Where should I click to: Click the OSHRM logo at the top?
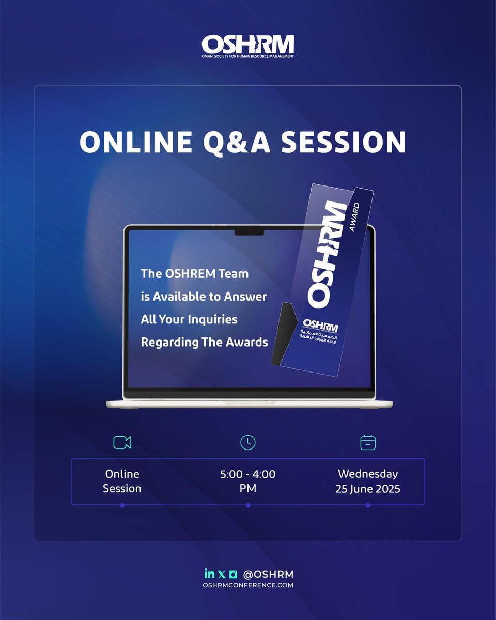(248, 46)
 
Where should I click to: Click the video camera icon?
(122, 442)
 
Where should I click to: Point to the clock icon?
(248, 442)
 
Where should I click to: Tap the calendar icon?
(368, 442)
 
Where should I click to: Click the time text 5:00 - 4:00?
(248, 474)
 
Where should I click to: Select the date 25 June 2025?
(368, 489)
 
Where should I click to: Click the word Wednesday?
(368, 474)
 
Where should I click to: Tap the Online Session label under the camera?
(122, 481)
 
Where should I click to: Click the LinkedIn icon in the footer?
(209, 574)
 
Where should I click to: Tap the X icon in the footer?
(222, 574)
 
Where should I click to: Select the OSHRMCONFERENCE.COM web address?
(248, 585)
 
